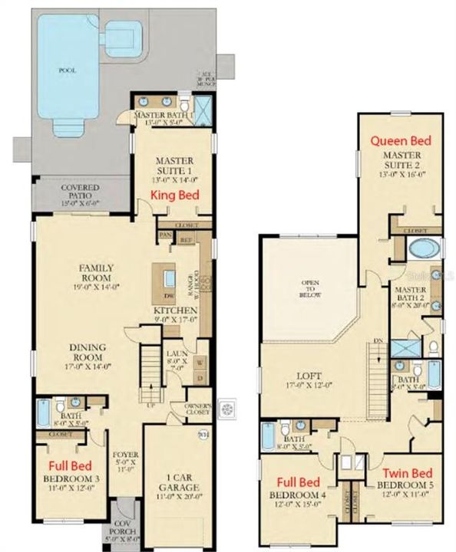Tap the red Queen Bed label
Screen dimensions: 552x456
point(400,141)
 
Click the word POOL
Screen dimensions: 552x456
point(68,68)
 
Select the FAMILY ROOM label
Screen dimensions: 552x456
point(97,272)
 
